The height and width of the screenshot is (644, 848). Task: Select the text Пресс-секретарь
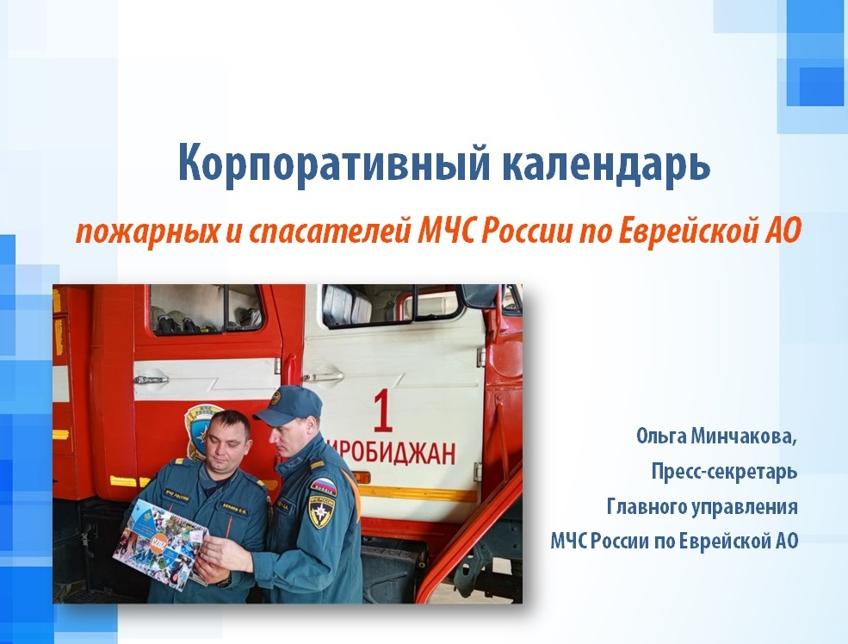pyautogui.click(x=724, y=472)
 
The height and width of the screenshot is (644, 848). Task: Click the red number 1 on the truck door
pyautogui.click(x=382, y=411)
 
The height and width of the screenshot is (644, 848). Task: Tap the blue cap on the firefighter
pyautogui.click(x=288, y=405)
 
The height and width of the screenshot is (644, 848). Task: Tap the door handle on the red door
pyautogui.click(x=151, y=380)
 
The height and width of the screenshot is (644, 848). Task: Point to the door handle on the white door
pyautogui.click(x=322, y=377)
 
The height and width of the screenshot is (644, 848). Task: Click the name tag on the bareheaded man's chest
pyautogui.click(x=235, y=507)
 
